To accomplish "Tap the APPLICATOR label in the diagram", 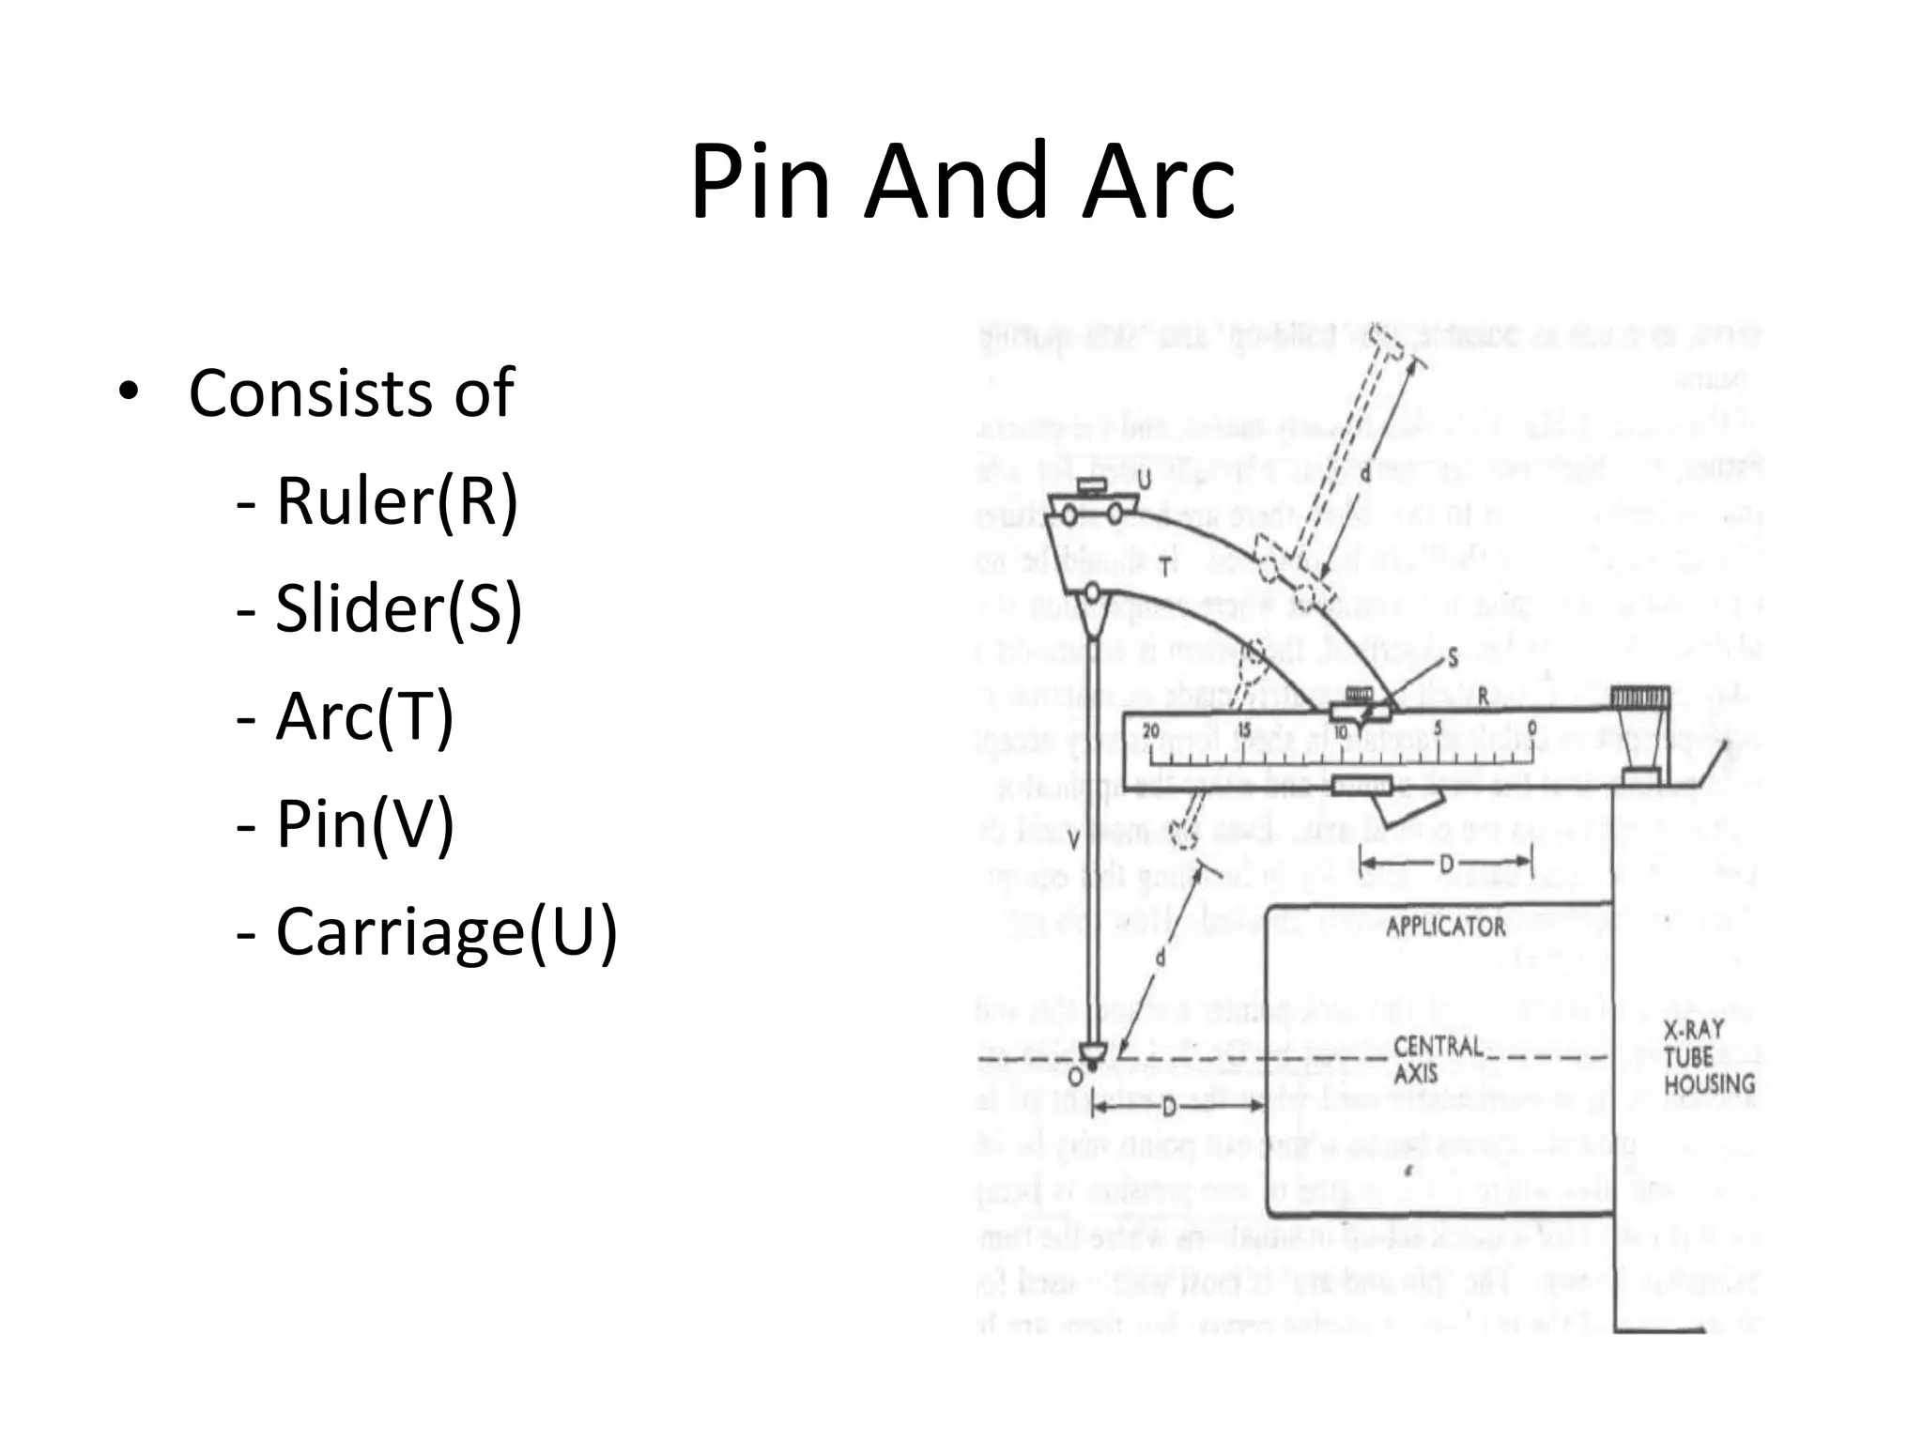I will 1445,927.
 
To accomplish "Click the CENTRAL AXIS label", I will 1437,1059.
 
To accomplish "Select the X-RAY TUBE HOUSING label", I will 1709,1057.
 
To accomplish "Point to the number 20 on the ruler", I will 1151,730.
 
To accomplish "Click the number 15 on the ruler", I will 1244,730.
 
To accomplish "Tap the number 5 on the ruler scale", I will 1438,729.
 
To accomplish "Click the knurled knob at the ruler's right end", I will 1640,698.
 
